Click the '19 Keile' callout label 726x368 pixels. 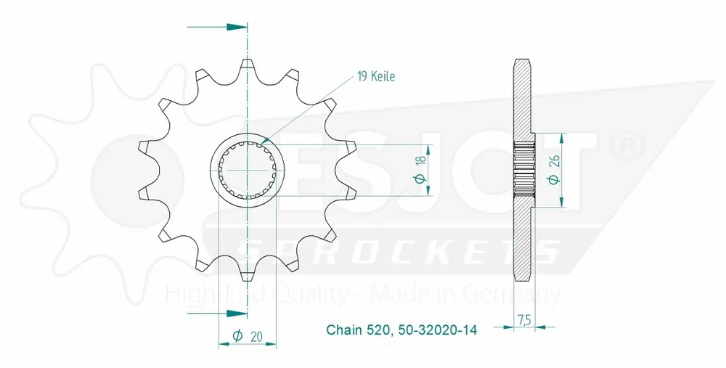click(x=375, y=76)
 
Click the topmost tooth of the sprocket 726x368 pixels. click(x=248, y=65)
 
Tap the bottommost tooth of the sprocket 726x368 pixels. click(x=248, y=274)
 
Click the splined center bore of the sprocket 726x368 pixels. click(x=248, y=170)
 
